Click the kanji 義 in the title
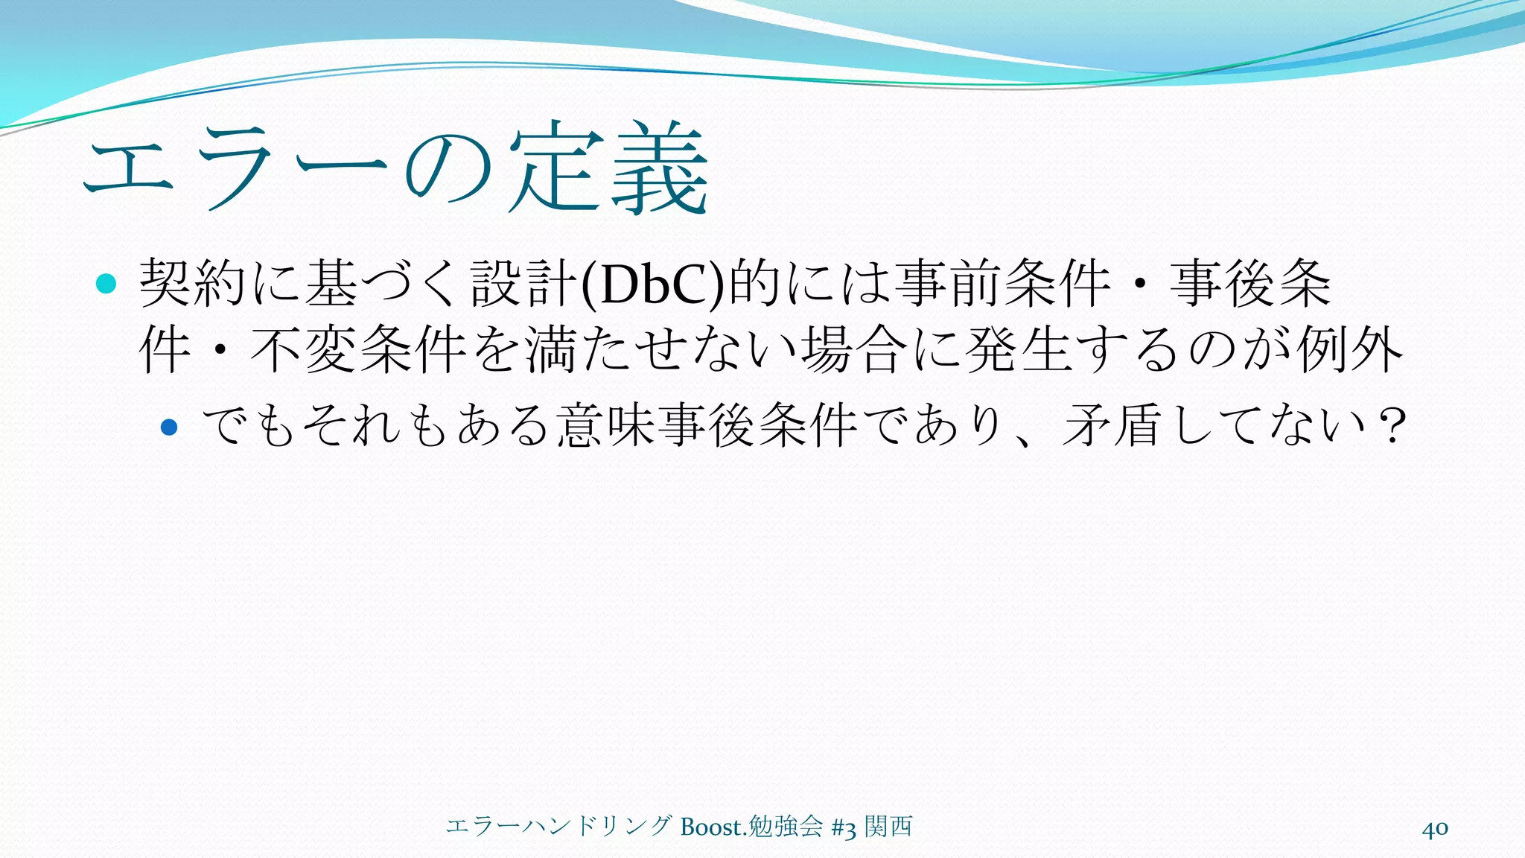[659, 170]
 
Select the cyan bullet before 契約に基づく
[106, 284]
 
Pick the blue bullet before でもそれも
[170, 427]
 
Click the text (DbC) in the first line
[652, 284]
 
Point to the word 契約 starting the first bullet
[193, 284]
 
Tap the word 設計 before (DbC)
[524, 284]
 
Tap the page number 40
[1435, 828]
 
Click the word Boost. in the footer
[713, 827]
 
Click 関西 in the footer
[888, 827]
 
